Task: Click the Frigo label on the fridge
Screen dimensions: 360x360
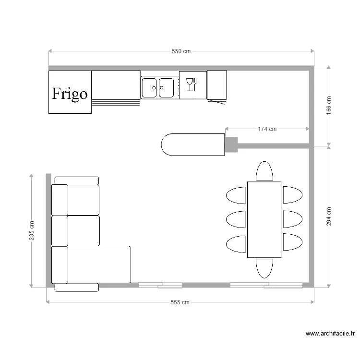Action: pos(70,93)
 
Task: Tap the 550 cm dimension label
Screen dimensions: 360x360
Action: pos(181,51)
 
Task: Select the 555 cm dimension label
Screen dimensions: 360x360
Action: pos(180,302)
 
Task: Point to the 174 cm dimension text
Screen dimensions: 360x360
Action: pos(267,129)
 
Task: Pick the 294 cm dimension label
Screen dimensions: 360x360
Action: pos(329,216)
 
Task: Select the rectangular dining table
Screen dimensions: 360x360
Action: pos(264,219)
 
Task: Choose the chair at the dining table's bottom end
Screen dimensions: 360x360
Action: pos(264,268)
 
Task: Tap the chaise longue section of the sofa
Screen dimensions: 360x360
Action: pos(98,264)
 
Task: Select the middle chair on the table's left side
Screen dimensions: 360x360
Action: pos(236,219)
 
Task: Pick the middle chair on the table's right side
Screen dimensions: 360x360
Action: pos(292,219)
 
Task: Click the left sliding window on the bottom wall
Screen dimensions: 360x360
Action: pos(160,285)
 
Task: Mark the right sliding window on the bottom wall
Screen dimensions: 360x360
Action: pos(266,285)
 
